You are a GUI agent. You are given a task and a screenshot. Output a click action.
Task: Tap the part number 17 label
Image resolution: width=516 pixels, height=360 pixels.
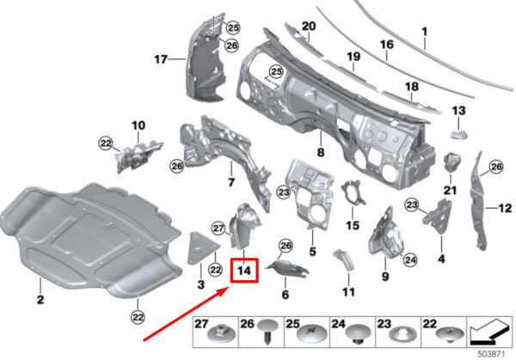(159, 59)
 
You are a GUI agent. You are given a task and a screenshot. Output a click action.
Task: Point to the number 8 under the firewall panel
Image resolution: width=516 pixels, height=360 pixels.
(321, 152)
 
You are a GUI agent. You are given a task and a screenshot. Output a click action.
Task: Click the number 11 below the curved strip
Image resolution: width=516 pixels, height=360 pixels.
(347, 292)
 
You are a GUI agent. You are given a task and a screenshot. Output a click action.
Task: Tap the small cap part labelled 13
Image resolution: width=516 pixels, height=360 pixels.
(458, 131)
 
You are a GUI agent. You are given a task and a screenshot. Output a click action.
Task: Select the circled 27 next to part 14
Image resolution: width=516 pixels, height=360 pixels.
(218, 227)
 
